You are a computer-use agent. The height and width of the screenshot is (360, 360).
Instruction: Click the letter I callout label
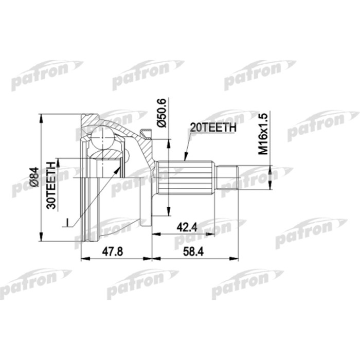coord(67,222)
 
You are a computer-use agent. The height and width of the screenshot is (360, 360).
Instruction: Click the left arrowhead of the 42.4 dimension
coord(155,234)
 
